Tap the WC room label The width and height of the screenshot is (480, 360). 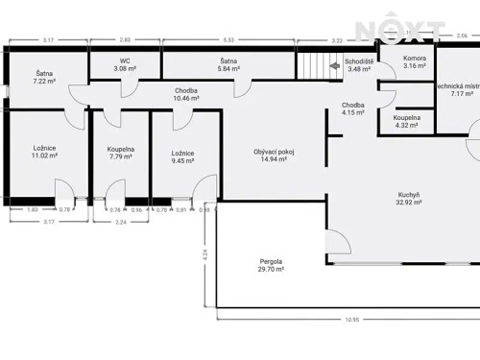[126, 64]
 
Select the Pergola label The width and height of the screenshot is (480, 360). [272, 266]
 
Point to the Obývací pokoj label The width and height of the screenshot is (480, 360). [274, 156]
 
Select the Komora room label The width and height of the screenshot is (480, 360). [415, 61]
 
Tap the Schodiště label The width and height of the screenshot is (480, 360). [358, 64]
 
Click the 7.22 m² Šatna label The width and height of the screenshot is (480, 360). [45, 78]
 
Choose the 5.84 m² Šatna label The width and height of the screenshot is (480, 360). [228, 64]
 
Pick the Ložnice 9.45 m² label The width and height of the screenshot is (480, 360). [183, 156]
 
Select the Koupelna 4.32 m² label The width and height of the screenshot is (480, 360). [406, 121]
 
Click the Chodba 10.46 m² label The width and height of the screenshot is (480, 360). [186, 94]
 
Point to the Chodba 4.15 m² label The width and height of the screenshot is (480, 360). [354, 109]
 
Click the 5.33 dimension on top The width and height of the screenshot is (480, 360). [227, 40]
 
